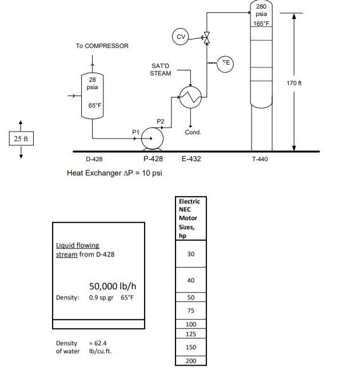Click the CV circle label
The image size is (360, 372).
tap(181, 37)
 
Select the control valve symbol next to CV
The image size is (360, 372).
tap(207, 38)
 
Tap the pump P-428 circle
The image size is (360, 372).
tap(153, 138)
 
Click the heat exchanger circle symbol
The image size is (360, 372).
tap(190, 98)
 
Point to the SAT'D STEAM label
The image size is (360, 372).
tap(160, 70)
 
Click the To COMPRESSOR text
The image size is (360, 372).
tap(102, 46)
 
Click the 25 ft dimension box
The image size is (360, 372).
tap(21, 138)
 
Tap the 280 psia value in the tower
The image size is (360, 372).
tap(261, 10)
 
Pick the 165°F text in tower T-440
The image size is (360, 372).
tap(261, 23)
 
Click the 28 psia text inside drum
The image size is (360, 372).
tap(92, 83)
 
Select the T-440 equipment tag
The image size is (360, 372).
tap(260, 159)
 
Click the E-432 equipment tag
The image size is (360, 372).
tap(191, 159)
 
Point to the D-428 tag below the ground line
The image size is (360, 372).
tap(94, 159)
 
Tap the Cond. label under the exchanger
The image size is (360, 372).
tap(193, 132)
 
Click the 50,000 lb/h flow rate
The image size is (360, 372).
tap(113, 286)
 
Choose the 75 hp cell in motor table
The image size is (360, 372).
tap(191, 311)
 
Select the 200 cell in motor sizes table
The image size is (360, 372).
tap(191, 361)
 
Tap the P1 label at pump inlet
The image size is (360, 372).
tap(135, 131)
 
